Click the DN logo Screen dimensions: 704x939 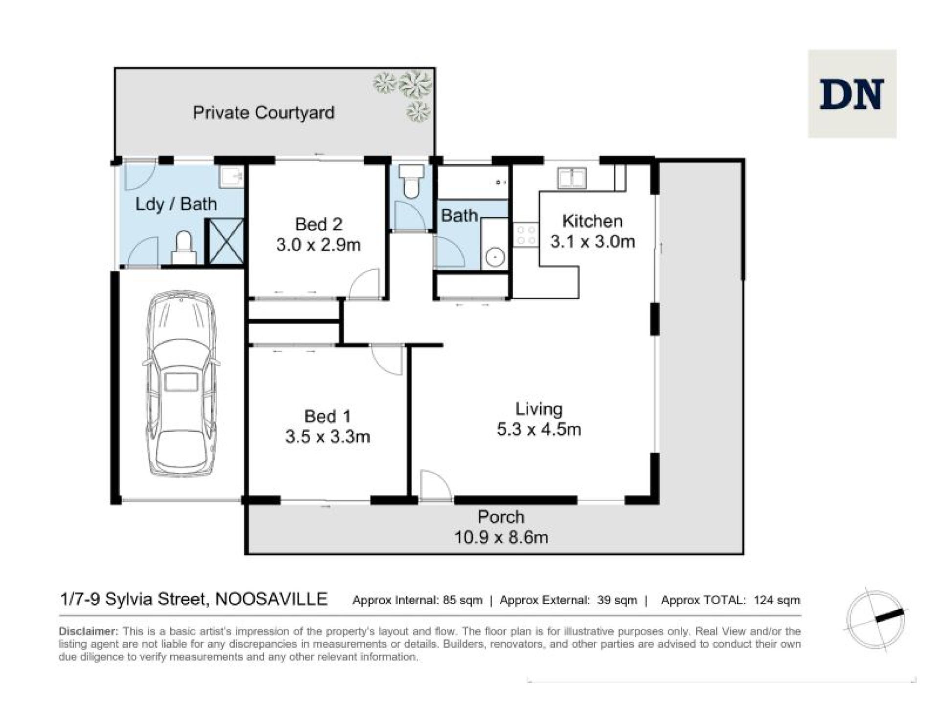point(851,93)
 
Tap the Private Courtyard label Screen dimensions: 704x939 point(264,112)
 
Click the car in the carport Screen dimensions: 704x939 point(181,384)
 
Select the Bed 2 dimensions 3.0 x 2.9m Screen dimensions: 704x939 point(318,244)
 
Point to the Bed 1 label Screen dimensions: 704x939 point(327,416)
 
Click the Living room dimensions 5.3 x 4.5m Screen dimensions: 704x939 point(539,429)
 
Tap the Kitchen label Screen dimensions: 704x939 point(592,221)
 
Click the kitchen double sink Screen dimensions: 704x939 point(571,177)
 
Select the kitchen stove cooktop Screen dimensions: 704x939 point(526,235)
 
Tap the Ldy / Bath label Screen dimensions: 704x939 point(176,204)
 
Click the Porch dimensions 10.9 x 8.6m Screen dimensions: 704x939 point(501,537)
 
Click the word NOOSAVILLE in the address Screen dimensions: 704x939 point(271,599)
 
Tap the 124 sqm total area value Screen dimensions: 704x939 point(777,600)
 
